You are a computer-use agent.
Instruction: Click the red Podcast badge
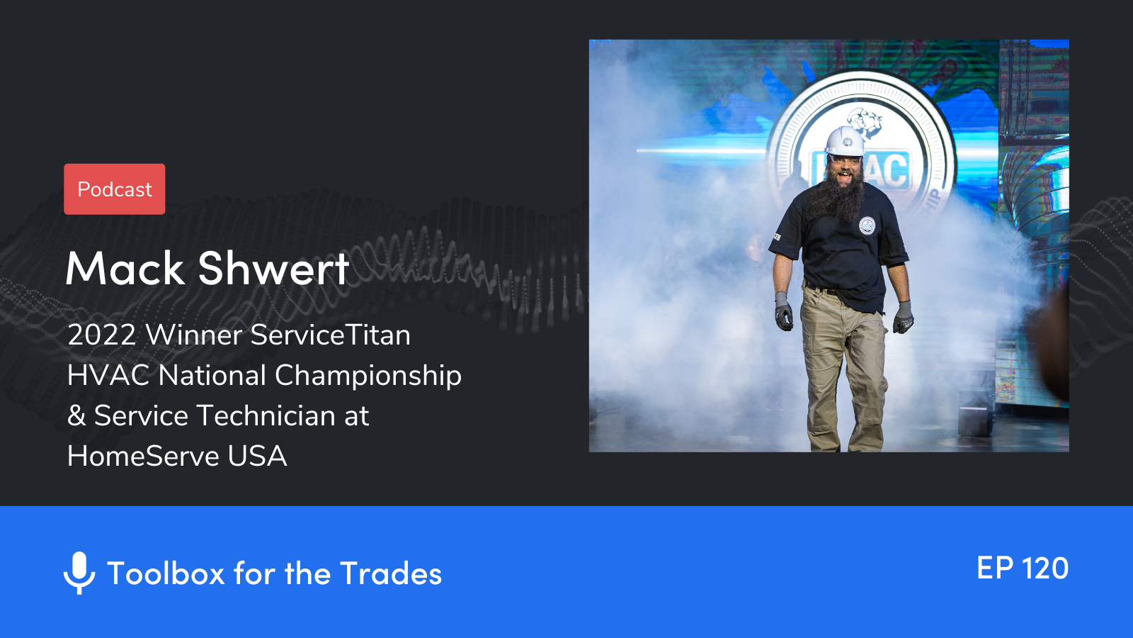(114, 189)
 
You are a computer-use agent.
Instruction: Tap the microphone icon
(79, 573)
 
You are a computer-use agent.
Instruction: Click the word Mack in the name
(125, 268)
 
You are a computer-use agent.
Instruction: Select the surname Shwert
(273, 268)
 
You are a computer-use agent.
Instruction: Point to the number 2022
(102, 335)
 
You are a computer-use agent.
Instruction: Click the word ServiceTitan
(330, 335)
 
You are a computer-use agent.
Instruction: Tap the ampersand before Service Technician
(76, 415)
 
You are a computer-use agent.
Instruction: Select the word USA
(258, 457)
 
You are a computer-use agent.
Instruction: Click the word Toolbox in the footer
(166, 573)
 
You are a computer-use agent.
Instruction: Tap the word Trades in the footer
(390, 573)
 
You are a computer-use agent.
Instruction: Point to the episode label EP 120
(1023, 568)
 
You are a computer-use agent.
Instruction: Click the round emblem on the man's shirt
(867, 225)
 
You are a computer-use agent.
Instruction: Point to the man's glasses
(845, 161)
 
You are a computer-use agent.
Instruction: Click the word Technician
(265, 415)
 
